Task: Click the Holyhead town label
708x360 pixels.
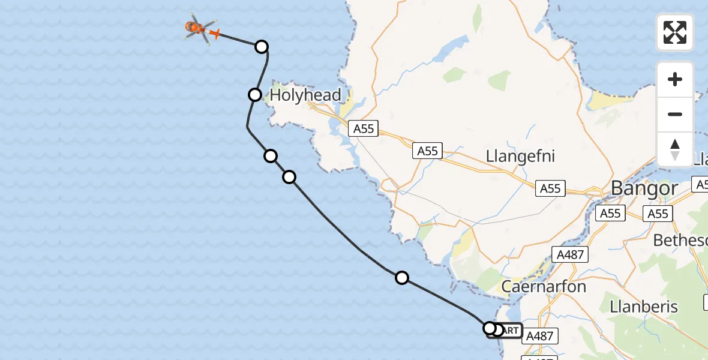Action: [x=305, y=95]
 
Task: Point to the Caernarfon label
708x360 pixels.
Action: [x=543, y=286]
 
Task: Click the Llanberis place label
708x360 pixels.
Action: [x=643, y=307]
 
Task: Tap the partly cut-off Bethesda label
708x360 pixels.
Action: [x=680, y=240]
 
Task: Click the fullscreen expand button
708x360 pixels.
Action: [x=675, y=32]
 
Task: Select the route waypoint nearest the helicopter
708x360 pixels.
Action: [x=261, y=46]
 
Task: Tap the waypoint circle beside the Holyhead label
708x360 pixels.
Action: [x=255, y=94]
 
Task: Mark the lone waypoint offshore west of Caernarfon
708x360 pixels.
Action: [x=402, y=277]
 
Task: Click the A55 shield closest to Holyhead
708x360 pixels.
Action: [x=364, y=128]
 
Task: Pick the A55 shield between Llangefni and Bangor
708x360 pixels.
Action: [x=550, y=188]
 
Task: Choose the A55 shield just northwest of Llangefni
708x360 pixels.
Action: [x=428, y=151]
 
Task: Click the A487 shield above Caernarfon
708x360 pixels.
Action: [x=569, y=255]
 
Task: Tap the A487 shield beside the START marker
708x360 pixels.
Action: [x=538, y=337]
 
